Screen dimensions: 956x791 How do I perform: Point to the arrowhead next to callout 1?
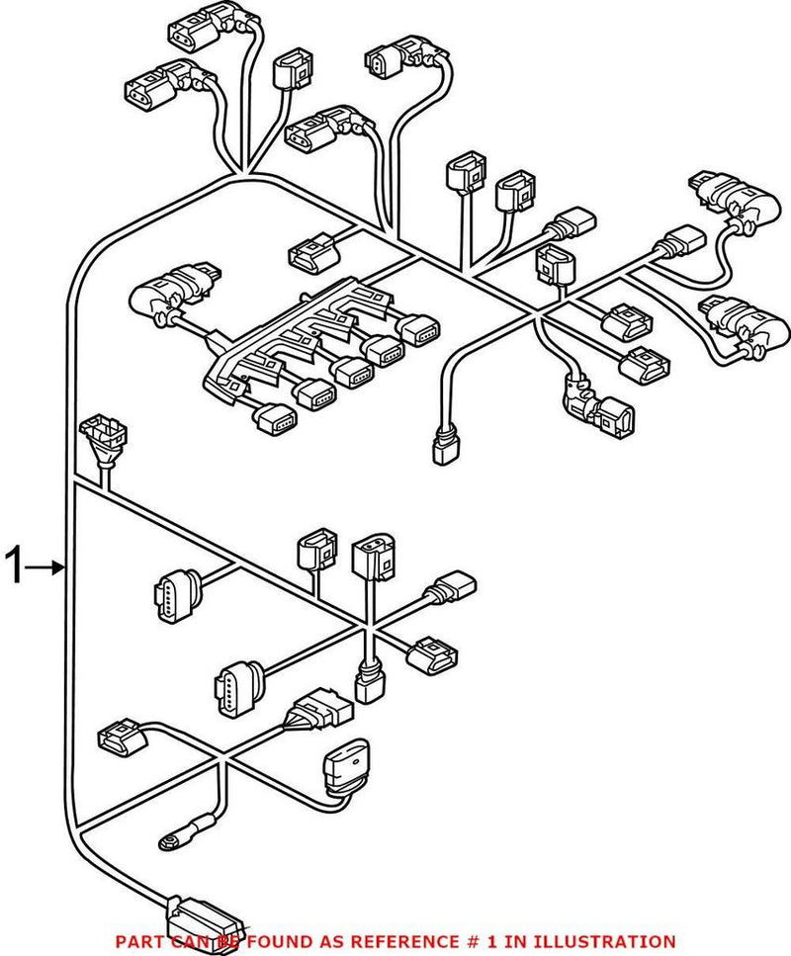coord(59,567)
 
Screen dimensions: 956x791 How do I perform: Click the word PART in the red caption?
coord(140,942)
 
